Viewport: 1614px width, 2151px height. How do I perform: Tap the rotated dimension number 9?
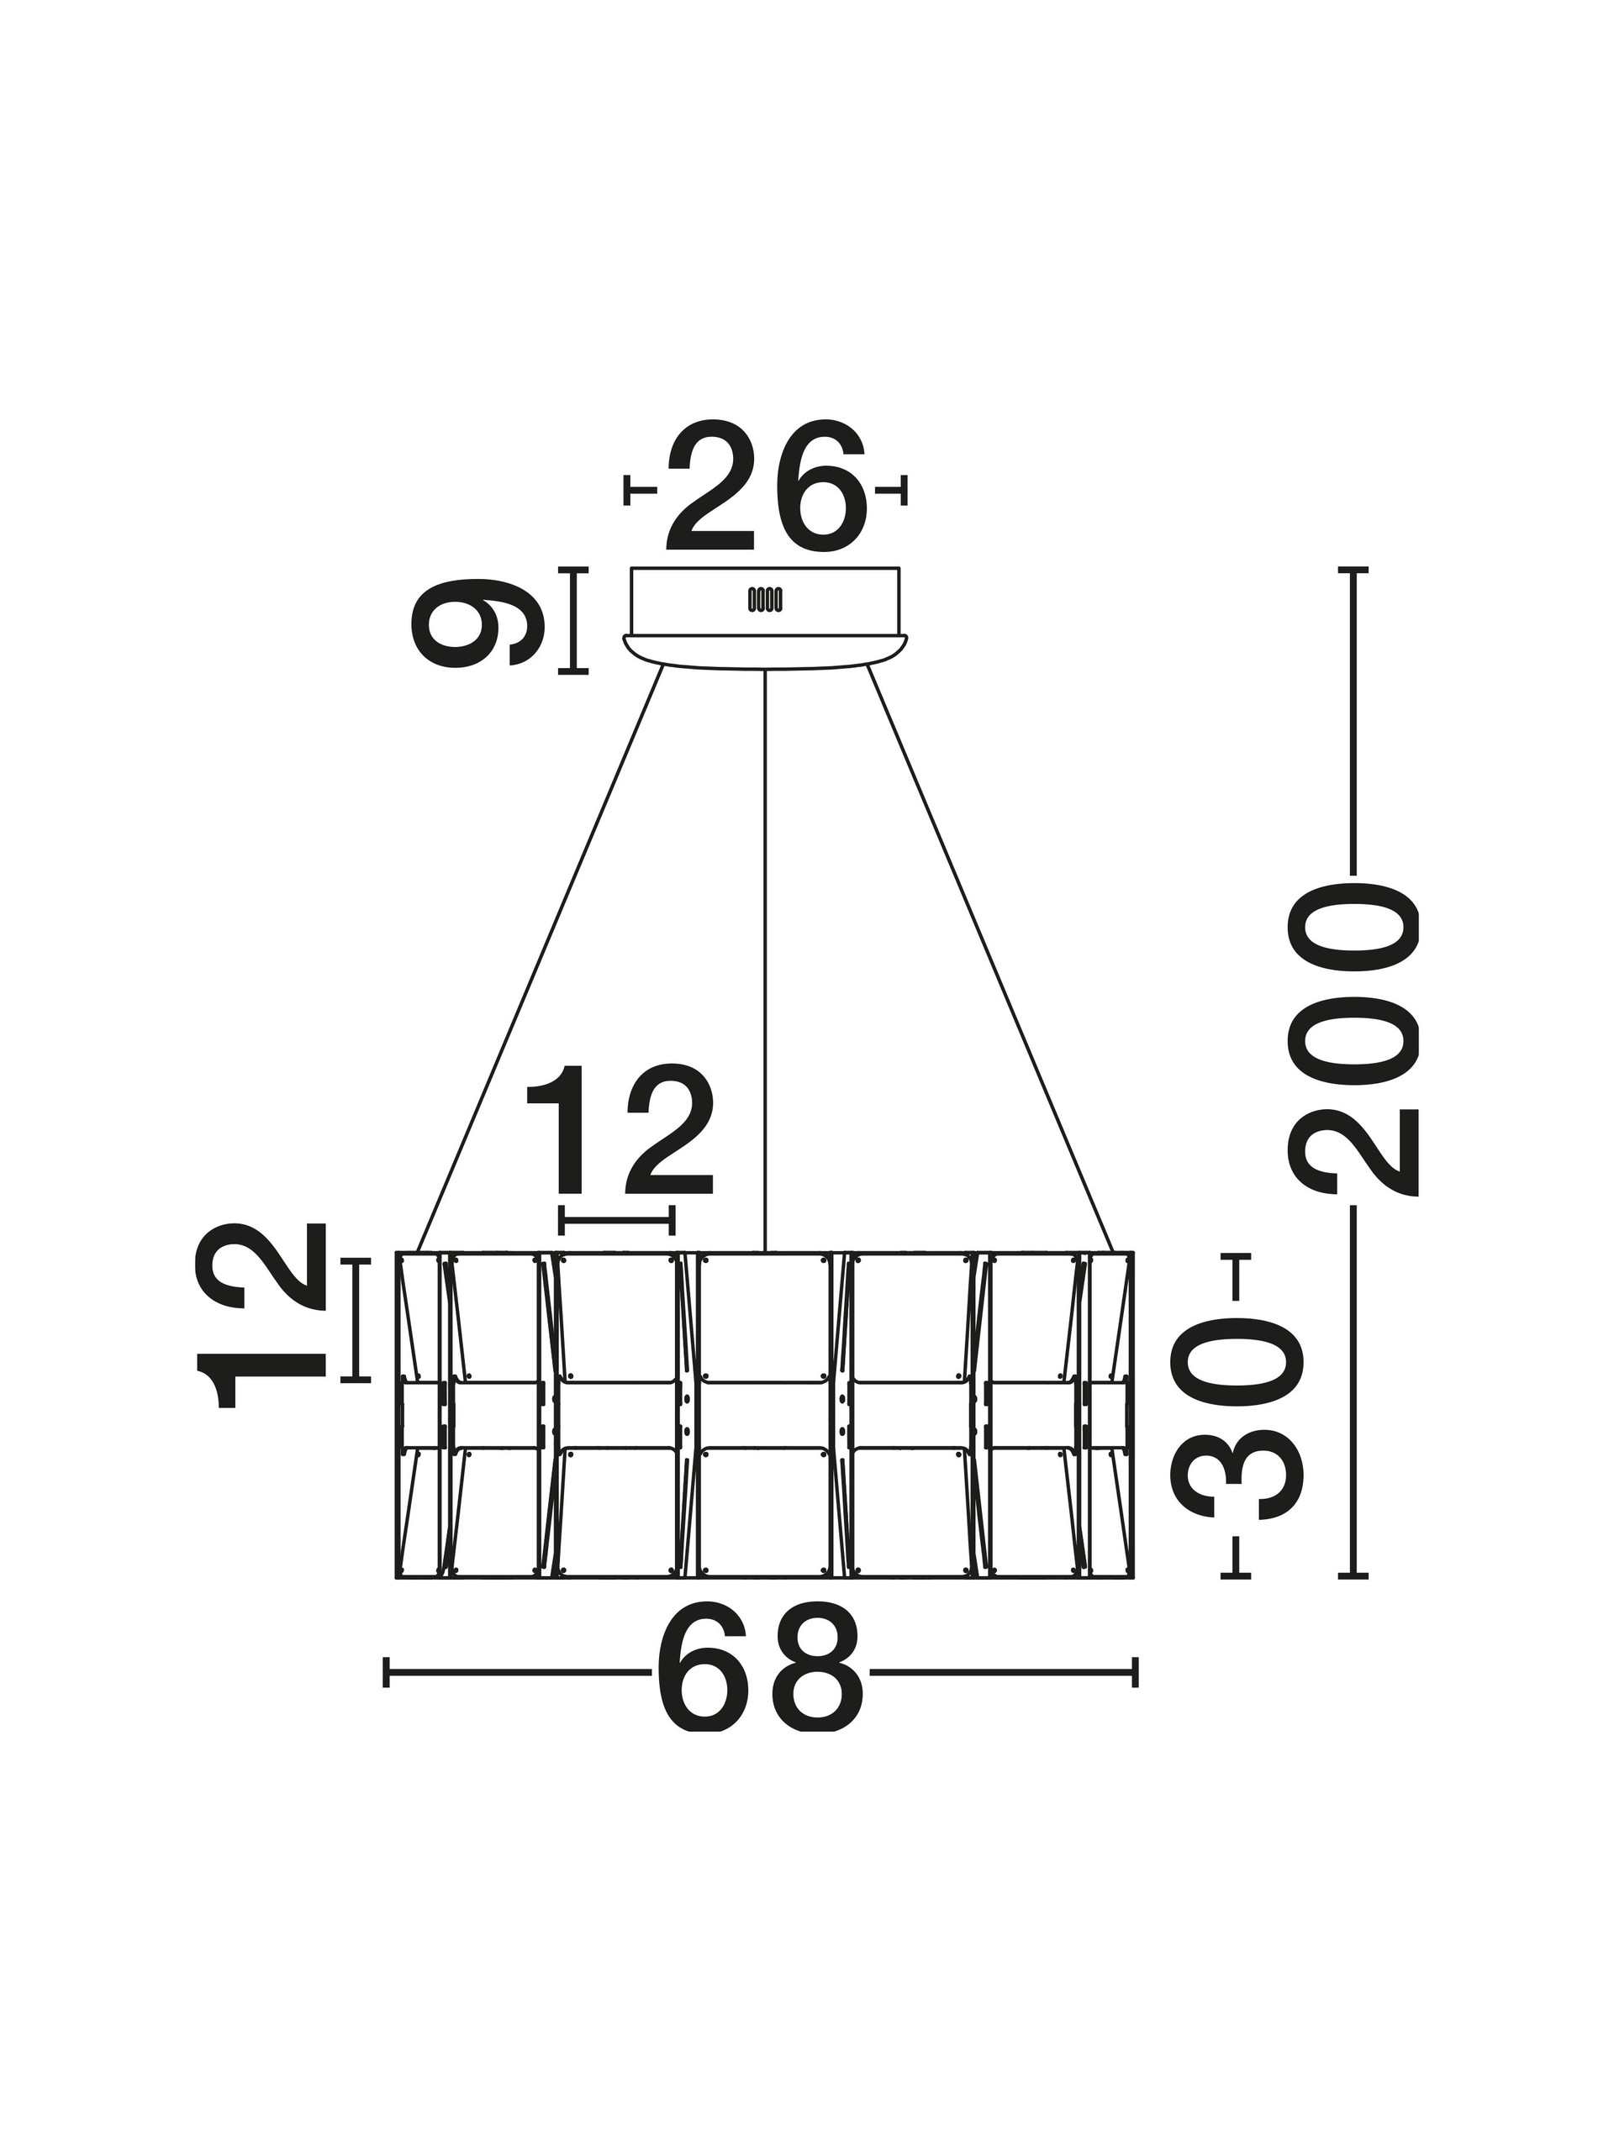[477, 622]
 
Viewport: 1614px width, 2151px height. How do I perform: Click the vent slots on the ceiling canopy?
[765, 600]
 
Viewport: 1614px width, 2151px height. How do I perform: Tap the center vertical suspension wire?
[766, 960]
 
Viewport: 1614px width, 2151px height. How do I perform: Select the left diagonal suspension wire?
[540, 958]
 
